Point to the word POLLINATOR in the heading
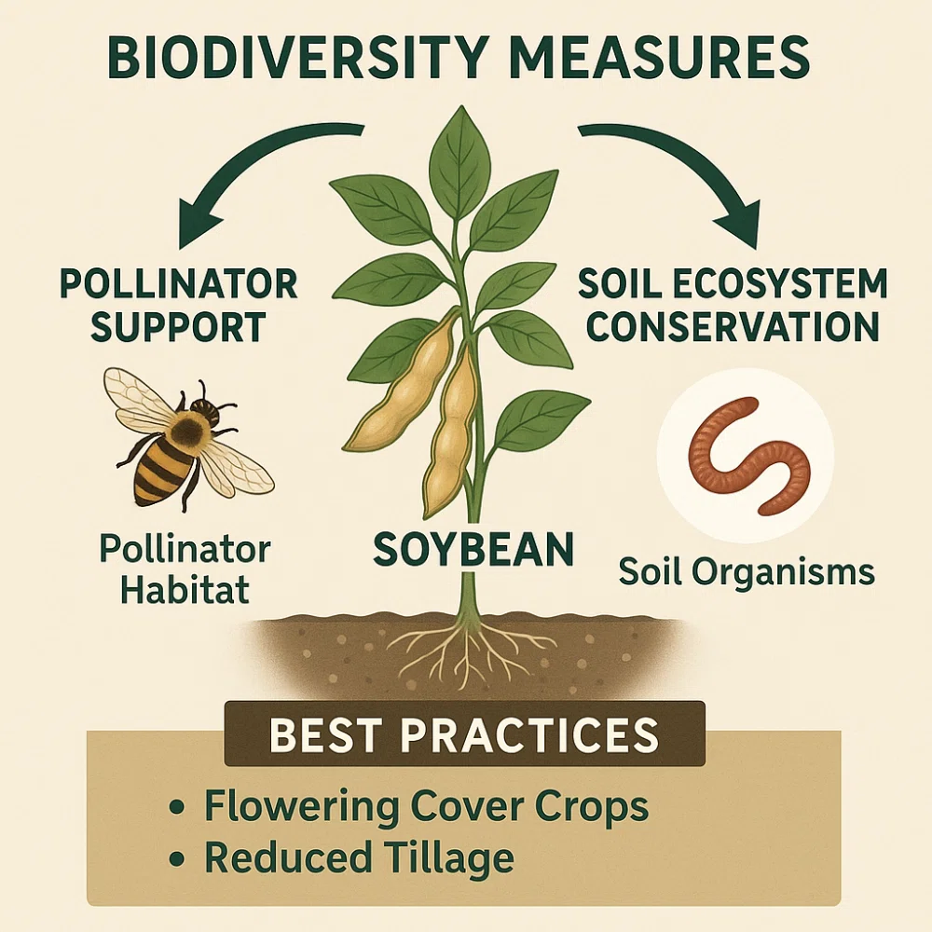click(x=179, y=284)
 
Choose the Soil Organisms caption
click(x=747, y=572)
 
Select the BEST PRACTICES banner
click(x=464, y=734)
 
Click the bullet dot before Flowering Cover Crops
click(x=175, y=808)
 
